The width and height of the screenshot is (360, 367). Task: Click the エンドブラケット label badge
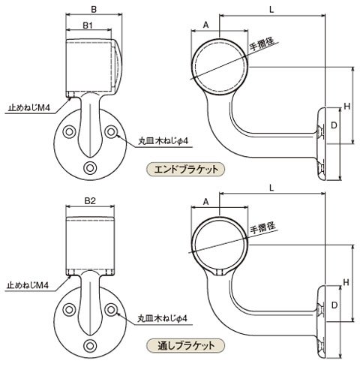[x=185, y=170]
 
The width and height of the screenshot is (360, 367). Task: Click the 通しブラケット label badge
[x=185, y=346]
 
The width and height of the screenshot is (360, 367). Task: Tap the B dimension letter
[x=94, y=10]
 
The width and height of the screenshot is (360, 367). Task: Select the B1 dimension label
[x=88, y=26]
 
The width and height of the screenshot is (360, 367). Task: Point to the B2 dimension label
[x=90, y=201]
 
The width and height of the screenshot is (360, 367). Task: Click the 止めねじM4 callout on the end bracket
[x=29, y=108]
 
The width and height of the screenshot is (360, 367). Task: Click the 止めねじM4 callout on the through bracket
[x=28, y=285]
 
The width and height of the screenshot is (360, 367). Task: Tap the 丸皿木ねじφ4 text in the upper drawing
[x=163, y=141]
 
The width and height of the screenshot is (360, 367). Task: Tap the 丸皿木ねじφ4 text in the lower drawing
[x=163, y=318]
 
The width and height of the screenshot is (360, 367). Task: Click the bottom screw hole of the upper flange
[x=90, y=168]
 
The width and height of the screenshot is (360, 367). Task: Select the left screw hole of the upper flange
[x=69, y=132]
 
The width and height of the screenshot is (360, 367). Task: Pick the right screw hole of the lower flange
[x=111, y=310]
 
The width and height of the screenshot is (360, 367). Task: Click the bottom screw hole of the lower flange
[x=90, y=346]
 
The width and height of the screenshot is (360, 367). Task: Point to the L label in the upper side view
[x=271, y=10]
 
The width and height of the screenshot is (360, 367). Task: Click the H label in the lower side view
[x=346, y=282]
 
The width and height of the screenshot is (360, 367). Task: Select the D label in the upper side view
[x=334, y=125]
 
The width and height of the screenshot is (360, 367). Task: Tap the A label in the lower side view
[x=205, y=202]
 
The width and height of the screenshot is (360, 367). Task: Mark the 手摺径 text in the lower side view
[x=262, y=228]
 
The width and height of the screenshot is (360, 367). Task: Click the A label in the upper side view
[x=205, y=25]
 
